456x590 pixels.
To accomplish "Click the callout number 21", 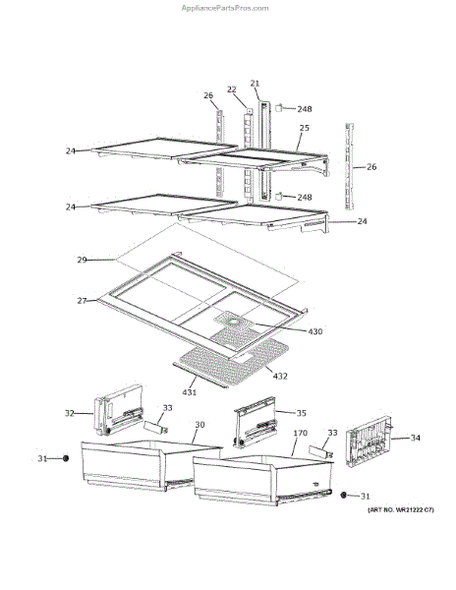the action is [255, 84].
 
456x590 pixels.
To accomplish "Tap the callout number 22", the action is [232, 89].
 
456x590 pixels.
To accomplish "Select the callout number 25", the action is [304, 128].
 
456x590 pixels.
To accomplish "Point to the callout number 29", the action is [82, 260].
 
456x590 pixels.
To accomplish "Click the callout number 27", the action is [82, 301].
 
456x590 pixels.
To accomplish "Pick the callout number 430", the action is [315, 331].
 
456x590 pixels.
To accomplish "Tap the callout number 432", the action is [280, 376].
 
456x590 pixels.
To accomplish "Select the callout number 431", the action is [190, 392].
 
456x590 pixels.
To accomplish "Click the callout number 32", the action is [70, 413].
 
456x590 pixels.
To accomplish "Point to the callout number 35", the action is [302, 413].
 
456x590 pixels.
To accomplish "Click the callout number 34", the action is [415, 438].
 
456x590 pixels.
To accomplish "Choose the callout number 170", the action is [301, 433].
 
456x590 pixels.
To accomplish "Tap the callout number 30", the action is [199, 425].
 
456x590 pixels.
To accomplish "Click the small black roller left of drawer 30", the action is [66, 458].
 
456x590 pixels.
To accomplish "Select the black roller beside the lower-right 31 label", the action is [343, 496].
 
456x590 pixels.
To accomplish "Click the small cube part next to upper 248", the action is [279, 108].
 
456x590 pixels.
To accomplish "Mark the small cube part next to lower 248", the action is [278, 197].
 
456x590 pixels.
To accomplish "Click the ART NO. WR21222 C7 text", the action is [400, 510].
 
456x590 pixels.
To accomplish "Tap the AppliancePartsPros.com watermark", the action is [225, 8].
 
